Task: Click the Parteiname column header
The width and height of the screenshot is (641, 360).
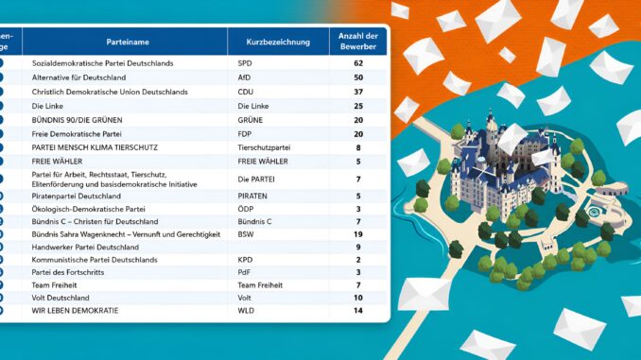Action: (128, 42)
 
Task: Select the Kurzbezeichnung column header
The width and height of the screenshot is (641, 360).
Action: (278, 42)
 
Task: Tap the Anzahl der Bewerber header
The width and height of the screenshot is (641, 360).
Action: (358, 42)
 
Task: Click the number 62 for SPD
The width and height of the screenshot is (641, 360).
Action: (358, 63)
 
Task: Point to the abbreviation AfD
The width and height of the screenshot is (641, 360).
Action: (244, 77)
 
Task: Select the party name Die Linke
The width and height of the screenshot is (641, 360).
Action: (47, 106)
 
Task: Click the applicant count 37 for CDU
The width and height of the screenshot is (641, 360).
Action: (358, 92)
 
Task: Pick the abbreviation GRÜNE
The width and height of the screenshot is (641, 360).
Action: (251, 120)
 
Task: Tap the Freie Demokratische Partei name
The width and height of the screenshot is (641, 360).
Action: (77, 134)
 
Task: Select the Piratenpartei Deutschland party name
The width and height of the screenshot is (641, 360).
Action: (76, 197)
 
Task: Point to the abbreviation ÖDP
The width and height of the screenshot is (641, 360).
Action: (246, 209)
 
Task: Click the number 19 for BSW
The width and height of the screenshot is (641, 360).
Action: (358, 234)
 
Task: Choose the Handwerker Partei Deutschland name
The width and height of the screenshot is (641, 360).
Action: (85, 248)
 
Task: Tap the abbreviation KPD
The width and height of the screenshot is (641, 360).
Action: (245, 260)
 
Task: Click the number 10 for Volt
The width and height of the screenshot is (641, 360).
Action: (358, 298)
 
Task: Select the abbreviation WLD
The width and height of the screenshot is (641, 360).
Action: (246, 311)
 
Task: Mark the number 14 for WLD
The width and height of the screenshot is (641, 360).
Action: (358, 311)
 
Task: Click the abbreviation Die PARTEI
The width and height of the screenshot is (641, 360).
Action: (256, 180)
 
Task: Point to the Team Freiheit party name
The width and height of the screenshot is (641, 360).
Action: (54, 285)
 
